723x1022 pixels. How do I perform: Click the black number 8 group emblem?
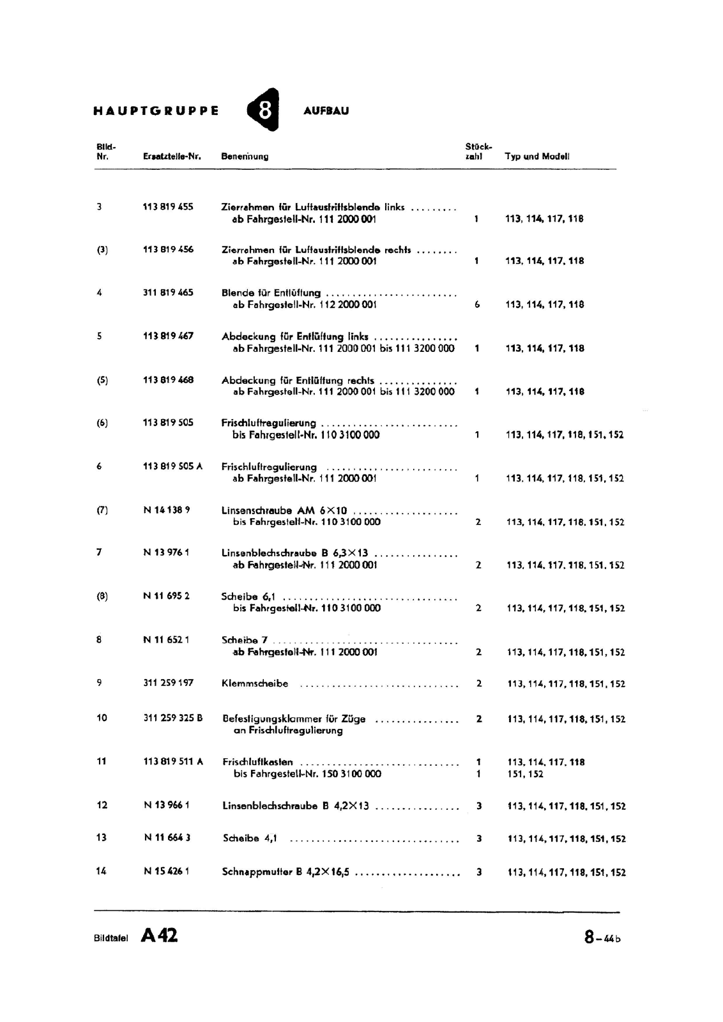[x=264, y=110]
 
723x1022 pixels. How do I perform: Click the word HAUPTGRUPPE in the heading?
[x=156, y=111]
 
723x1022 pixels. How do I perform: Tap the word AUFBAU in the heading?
[x=326, y=111]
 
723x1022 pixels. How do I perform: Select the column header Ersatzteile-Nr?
[x=172, y=156]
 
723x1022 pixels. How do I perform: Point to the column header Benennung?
[x=245, y=156]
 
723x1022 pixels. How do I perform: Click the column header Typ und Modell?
[x=537, y=156]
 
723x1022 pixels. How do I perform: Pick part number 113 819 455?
[x=168, y=206]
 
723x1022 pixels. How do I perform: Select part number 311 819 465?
[x=168, y=293]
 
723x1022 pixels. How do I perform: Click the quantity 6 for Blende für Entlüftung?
[x=477, y=305]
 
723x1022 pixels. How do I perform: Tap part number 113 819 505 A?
[x=172, y=466]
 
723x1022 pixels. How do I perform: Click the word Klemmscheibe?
[x=255, y=683]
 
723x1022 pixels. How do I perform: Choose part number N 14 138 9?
[x=167, y=510]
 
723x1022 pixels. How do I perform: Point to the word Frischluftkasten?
[x=258, y=761]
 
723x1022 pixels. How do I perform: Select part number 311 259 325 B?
[x=173, y=718]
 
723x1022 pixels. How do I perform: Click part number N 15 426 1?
[x=167, y=871]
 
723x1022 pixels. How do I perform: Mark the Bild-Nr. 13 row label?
[x=102, y=837]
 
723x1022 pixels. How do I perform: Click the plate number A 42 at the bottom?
[x=160, y=936]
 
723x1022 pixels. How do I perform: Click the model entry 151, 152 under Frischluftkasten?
[x=526, y=774]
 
